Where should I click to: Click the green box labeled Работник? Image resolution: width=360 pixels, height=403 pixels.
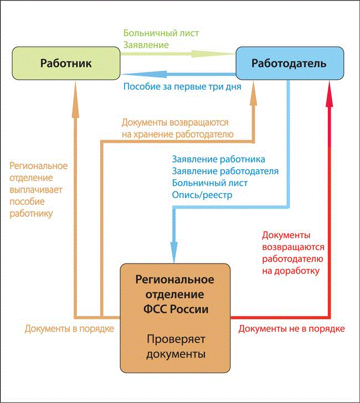tap(66, 63)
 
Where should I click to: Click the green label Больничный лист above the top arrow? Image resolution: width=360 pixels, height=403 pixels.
tap(161, 33)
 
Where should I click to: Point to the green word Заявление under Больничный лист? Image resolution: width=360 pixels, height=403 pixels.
tap(146, 44)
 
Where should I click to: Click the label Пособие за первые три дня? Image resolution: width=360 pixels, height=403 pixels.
tap(182, 86)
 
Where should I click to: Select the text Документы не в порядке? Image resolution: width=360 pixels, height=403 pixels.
tap(291, 329)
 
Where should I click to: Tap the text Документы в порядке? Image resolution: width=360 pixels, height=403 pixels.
tap(69, 329)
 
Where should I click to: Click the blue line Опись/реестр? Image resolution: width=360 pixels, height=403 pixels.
tap(202, 195)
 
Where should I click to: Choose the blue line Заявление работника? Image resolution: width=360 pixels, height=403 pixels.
tap(219, 159)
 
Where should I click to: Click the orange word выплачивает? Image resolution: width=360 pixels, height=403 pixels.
tap(37, 189)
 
